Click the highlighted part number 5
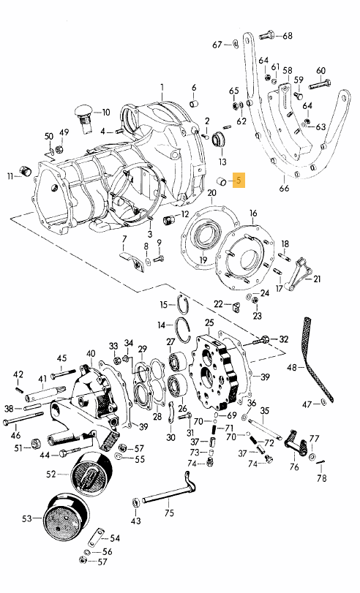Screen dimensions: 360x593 [x=239, y=181]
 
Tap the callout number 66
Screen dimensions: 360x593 [x=284, y=188]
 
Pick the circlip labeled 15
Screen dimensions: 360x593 [x=183, y=303]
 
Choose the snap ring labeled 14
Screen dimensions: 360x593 [x=183, y=328]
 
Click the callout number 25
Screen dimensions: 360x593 [x=209, y=323]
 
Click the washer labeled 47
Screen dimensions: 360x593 [x=323, y=401]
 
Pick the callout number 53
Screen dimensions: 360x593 [x=26, y=518]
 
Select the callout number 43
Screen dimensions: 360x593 [x=135, y=521]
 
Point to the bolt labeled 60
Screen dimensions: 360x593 [x=320, y=84]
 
